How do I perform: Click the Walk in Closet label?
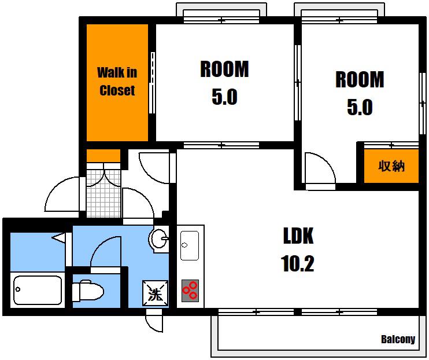pos(117,82)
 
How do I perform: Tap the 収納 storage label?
pos(391,166)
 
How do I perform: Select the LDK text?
pos(298,236)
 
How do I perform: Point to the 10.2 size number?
pos(297,263)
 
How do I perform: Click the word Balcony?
pos(398,339)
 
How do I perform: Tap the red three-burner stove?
pos(190,291)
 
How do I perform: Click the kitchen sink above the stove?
pos(190,245)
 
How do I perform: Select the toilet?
pos(87,291)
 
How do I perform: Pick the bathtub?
pos(38,290)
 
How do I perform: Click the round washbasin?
pos(158,239)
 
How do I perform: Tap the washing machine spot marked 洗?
pos(155,293)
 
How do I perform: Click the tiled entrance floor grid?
pos(103,190)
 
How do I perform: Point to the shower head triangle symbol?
pos(58,237)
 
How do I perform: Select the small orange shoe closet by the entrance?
pos(103,156)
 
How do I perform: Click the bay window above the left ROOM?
pos(221,13)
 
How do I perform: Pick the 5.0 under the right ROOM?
pos(360,107)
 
